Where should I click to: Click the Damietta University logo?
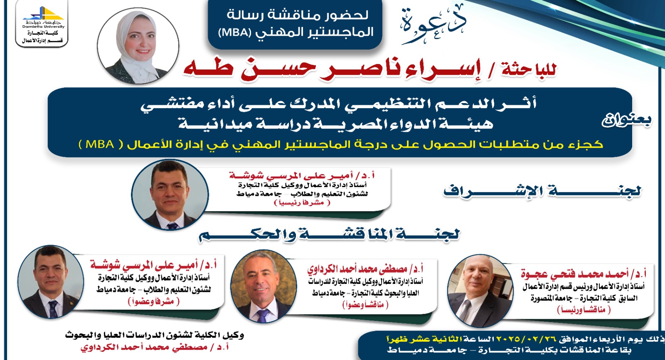click(x=42, y=23)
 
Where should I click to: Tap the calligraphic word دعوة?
click(x=433, y=26)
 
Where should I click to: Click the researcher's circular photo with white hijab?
click(x=138, y=46)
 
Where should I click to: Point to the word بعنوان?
click(x=626, y=120)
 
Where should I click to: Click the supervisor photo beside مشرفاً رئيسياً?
click(x=170, y=195)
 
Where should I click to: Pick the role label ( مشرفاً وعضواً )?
click(x=154, y=302)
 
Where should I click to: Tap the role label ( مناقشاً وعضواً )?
click(x=365, y=305)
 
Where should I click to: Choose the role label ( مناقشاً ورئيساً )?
click(x=584, y=310)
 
